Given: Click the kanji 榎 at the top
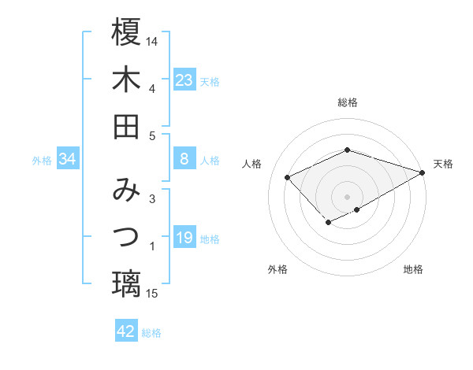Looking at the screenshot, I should pos(126,32).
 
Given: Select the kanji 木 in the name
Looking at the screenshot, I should pos(126,79).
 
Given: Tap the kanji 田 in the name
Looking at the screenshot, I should pos(126,126).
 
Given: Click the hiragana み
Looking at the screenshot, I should pos(126,190).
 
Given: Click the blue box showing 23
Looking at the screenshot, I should pos(184,80).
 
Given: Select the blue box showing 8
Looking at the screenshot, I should pos(184,159).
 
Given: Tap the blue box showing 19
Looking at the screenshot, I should pos(184,238).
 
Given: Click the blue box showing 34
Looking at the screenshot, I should pos(68,159).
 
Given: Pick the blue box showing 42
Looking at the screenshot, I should pos(126,331).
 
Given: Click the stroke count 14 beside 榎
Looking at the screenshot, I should pos(153,39).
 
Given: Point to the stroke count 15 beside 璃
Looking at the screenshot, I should pos(153,294).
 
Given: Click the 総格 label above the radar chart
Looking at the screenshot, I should pos(348,102).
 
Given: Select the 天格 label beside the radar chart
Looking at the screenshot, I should pos(443,164).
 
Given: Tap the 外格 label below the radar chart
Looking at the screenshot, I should pos(277,269).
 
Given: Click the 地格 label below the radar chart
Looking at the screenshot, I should pos(413,269).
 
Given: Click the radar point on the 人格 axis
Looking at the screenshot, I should pos(288,177).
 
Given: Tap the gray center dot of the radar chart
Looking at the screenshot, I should pos(348,196).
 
